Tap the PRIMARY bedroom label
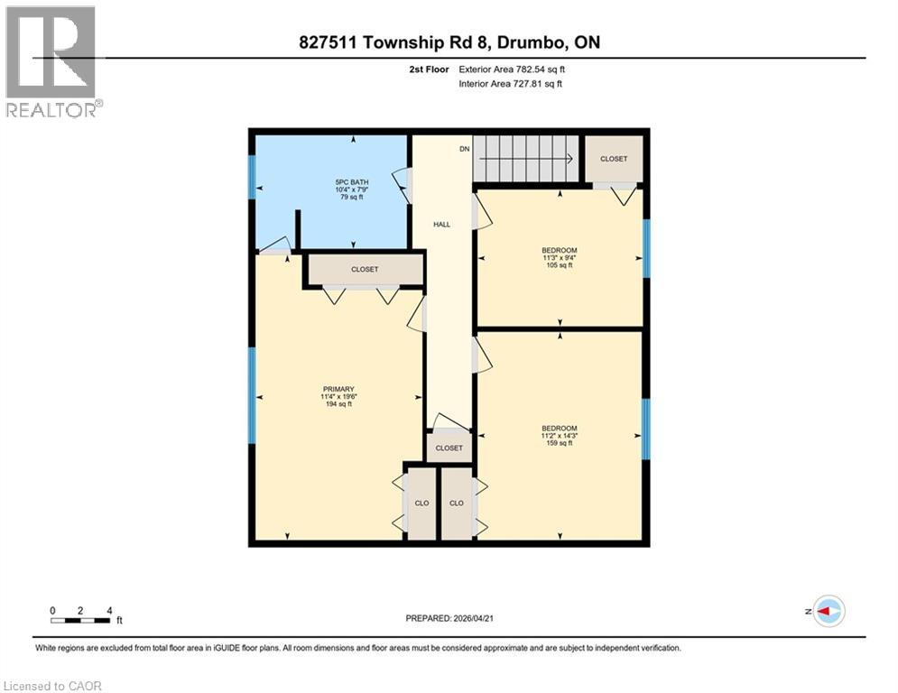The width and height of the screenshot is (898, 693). [338, 396]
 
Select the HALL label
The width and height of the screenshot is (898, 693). [441, 225]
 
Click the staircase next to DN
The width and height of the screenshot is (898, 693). [525, 159]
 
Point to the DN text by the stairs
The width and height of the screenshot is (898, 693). [465, 149]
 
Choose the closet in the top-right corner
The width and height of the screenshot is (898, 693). [614, 159]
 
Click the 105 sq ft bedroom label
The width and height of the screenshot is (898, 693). [559, 257]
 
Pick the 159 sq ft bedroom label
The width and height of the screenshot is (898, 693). [559, 435]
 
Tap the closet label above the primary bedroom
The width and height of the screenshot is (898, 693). [365, 270]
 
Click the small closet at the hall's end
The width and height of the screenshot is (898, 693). [449, 448]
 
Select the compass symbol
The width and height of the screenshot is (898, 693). [828, 611]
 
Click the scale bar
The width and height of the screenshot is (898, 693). [81, 619]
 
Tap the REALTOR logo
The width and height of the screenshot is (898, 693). [51, 61]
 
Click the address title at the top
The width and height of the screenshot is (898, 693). [449, 42]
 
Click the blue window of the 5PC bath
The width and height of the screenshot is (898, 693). [253, 178]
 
